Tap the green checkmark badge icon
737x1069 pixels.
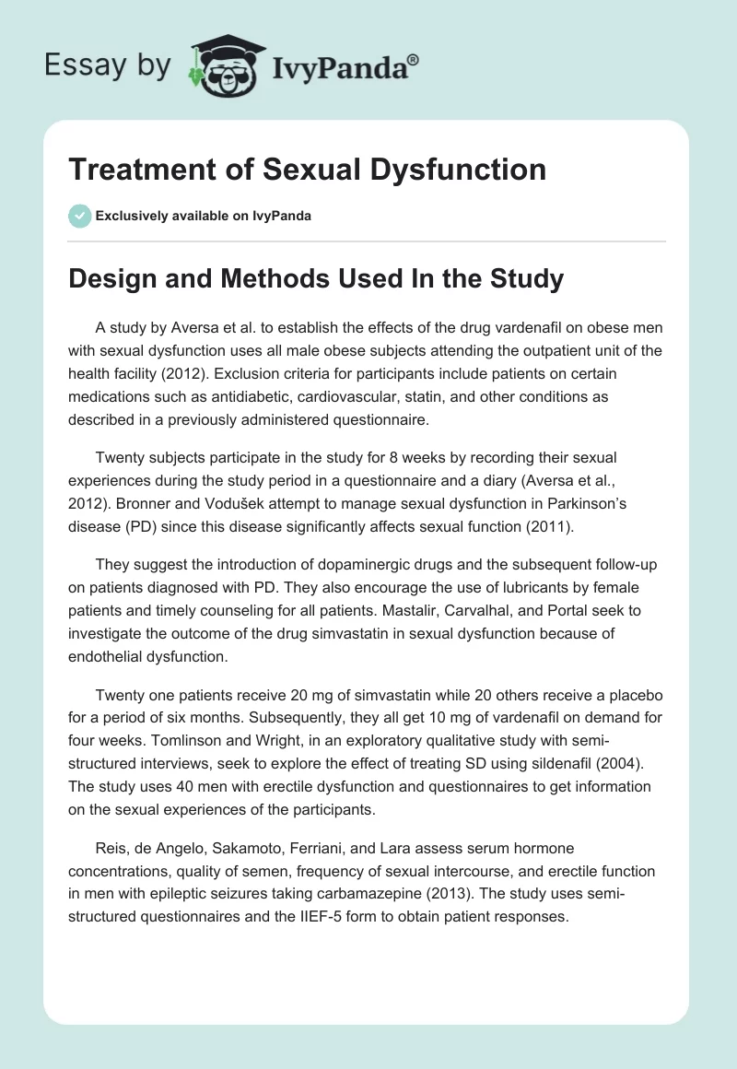pos(79,216)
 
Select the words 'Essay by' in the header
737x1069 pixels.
pos(107,66)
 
